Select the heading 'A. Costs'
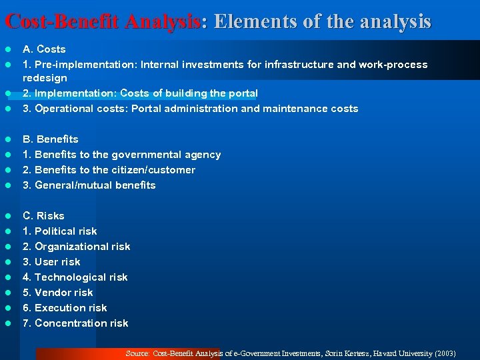pos(44,49)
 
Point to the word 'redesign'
pos(45,78)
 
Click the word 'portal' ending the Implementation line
pos(241,93)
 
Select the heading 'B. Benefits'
pos(51,139)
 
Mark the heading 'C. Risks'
pos(43,216)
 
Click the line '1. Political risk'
pos(60,231)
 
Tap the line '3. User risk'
pos(51,262)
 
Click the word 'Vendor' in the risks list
pos(52,293)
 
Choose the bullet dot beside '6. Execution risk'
pos(8,308)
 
